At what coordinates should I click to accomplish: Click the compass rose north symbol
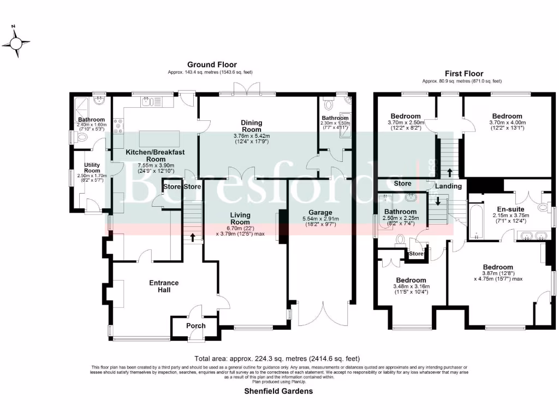(x=16, y=41)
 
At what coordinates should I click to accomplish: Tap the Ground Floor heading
(x=212, y=65)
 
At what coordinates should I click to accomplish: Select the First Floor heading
(x=462, y=73)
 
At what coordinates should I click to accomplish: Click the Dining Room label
(x=252, y=126)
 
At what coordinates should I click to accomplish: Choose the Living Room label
(x=240, y=218)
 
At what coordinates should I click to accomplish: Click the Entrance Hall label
(x=164, y=286)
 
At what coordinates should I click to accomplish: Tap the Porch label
(x=196, y=325)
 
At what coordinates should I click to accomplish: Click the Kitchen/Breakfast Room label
(x=147, y=155)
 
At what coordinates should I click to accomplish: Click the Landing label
(x=448, y=186)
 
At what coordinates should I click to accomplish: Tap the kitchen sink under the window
(x=146, y=101)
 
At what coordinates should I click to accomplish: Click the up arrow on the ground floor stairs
(x=193, y=237)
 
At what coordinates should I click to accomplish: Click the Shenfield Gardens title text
(x=278, y=391)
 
